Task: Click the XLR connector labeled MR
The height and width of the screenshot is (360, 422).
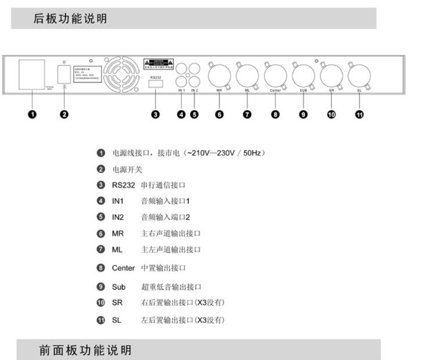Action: [x=219, y=75]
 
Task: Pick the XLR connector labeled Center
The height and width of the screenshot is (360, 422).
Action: [x=275, y=75]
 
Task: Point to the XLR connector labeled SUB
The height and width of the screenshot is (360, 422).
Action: [x=303, y=75]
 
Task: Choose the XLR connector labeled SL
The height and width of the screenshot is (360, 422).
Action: [x=359, y=75]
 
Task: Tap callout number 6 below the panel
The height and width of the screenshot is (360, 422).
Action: [x=219, y=114]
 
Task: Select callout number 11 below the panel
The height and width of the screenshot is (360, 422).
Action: [x=359, y=114]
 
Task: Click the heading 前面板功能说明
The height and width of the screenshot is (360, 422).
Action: [x=85, y=351]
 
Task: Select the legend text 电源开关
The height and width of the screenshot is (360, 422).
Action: [x=127, y=169]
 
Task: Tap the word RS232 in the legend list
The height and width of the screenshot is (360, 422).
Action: [x=122, y=185]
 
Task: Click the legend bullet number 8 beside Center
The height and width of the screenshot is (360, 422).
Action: [x=101, y=268]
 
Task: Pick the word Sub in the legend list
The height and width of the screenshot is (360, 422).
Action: [x=118, y=286]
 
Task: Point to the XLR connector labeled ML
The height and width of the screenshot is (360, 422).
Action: [x=247, y=75]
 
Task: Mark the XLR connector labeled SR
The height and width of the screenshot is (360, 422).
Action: [x=331, y=75]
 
